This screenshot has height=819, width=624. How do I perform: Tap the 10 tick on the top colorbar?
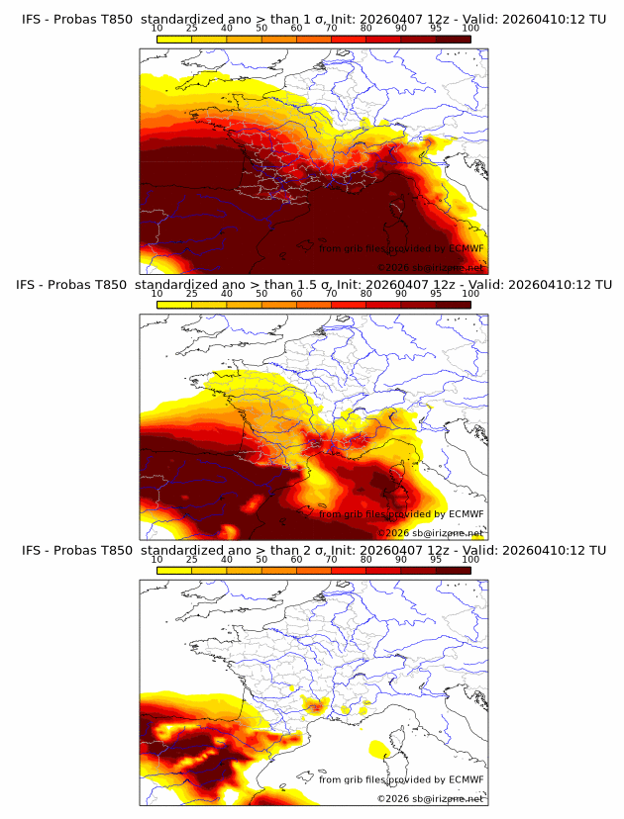tap(157, 28)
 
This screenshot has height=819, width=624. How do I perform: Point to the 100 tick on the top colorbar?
tap(470, 28)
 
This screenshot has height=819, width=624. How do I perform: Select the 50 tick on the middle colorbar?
tap(261, 294)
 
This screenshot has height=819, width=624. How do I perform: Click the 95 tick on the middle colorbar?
tap(436, 294)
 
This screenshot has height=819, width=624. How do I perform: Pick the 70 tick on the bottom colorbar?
tap(332, 559)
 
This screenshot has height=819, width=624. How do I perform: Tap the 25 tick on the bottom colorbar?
tap(192, 559)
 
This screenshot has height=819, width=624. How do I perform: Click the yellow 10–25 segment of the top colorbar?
tap(174, 39)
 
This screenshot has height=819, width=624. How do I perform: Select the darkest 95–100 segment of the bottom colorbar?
tap(453, 570)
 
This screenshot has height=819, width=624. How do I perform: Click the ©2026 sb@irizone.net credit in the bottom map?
tap(431, 798)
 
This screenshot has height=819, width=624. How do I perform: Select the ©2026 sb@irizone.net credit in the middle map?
tap(431, 532)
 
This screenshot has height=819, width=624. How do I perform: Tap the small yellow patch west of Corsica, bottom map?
tap(377, 747)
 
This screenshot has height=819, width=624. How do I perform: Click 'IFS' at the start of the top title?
tap(32, 19)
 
